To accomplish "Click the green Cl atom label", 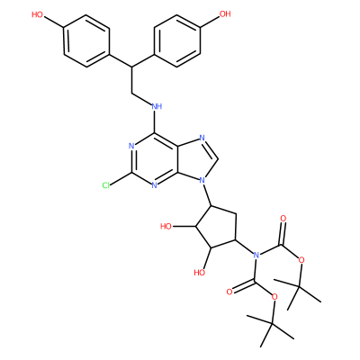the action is pos(106,185).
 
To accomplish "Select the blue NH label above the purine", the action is pos(157,106).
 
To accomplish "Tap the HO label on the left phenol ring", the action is pos(37,14).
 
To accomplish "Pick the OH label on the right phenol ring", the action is pos(225,13).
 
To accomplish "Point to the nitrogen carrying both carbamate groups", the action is pos(256,256).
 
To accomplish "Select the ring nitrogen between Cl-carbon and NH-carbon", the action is pos(131,146).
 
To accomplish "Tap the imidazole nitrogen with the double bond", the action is pos(202,139).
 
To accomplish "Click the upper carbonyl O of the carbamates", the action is pos(283,218).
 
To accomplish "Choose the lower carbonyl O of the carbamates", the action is pos(229,292).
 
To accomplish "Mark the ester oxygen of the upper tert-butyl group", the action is pos(301,259).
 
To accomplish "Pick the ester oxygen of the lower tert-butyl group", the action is pos(274,297).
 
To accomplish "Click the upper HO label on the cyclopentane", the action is pos(166,226).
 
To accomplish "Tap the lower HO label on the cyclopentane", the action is pos(200,273).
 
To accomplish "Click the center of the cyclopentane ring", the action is pos(217,229).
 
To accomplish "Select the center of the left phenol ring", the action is pos(86,40).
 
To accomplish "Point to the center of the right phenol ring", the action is pos(176,40).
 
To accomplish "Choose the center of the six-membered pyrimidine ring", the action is pos(155,160).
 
